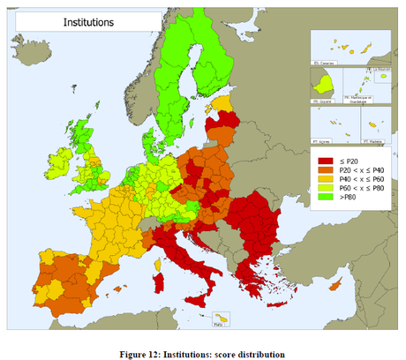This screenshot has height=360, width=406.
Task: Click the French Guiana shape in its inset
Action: click(324, 86)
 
